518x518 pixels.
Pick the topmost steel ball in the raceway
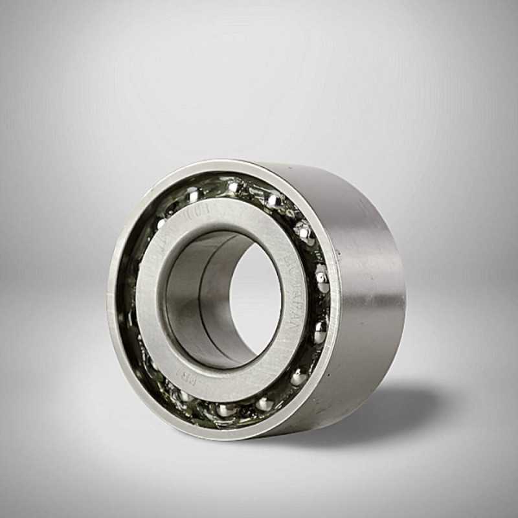[234, 186]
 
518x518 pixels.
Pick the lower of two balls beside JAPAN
[319, 332]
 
